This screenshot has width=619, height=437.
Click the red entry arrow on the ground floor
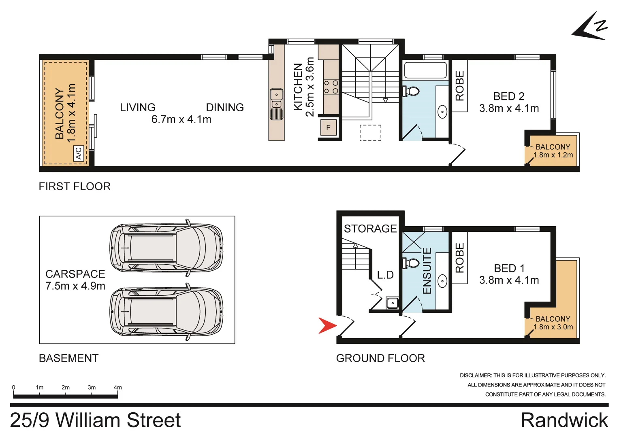point(327,326)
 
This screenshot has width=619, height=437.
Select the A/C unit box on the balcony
point(79,154)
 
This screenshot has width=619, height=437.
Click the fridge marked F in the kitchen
point(329,128)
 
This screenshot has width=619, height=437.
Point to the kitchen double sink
point(276,100)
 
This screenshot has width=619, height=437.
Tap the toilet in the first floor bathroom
point(412,91)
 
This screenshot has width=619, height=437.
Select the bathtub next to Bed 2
point(425,70)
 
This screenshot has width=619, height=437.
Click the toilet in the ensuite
point(412,263)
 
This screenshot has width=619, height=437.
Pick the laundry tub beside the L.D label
point(392,303)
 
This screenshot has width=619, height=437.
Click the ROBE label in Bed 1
point(460,258)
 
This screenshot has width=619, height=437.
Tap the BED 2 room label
point(509,96)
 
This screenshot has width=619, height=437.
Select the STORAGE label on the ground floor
point(370,229)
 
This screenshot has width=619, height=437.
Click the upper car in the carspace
point(166,248)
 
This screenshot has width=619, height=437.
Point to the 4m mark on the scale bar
point(117,388)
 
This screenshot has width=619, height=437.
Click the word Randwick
point(564,420)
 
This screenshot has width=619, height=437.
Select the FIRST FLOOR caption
point(75,187)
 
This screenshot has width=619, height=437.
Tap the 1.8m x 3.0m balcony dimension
point(553,327)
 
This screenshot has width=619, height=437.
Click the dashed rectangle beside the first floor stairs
point(370,133)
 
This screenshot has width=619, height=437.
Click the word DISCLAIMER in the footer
point(476,375)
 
